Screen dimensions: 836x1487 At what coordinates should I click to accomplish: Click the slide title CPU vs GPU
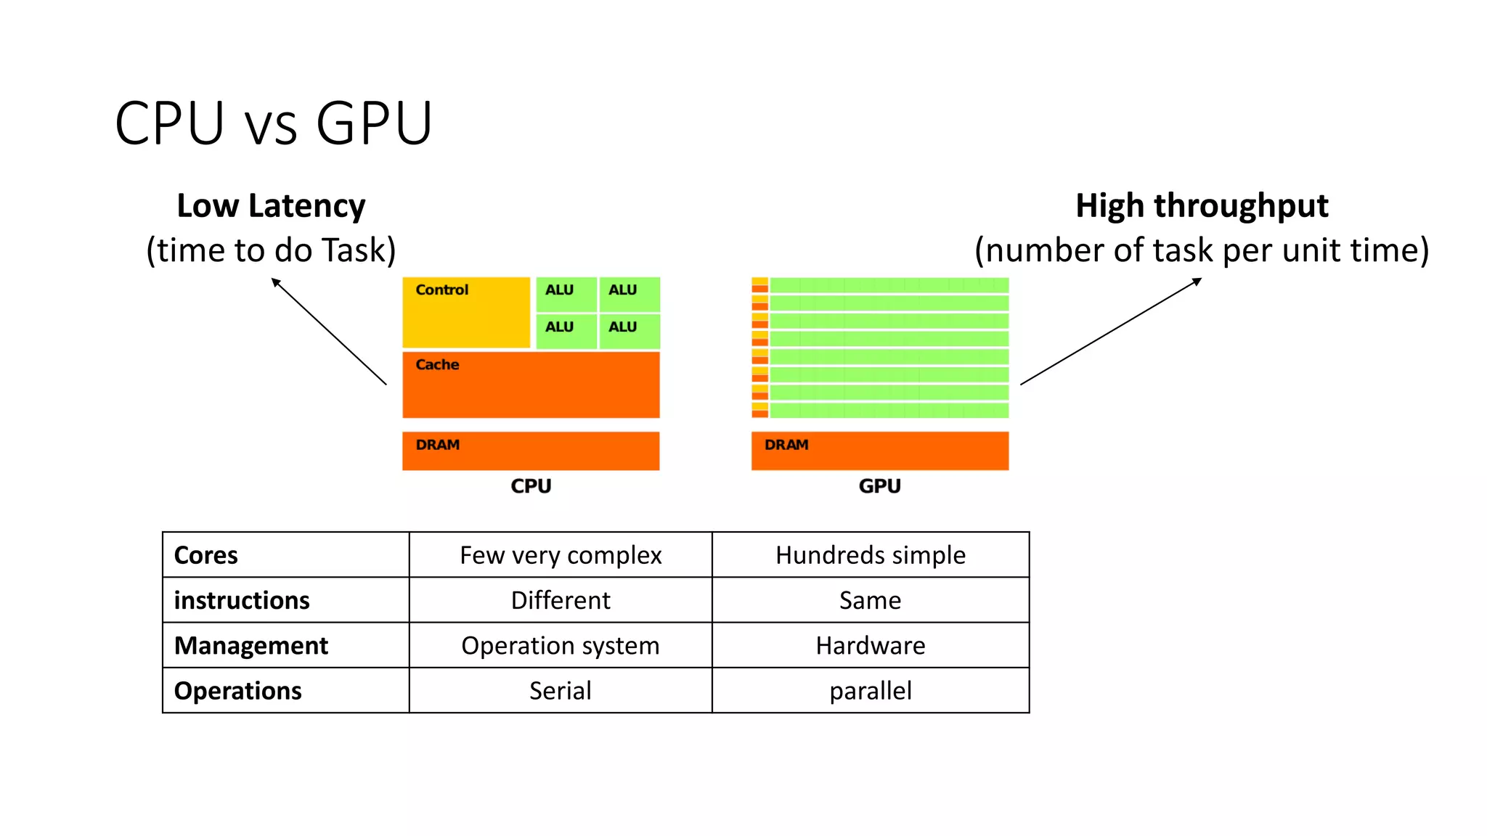pos(273,123)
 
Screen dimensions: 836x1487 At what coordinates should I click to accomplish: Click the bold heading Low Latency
pos(271,206)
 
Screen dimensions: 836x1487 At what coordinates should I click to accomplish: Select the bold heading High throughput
pos(1202,206)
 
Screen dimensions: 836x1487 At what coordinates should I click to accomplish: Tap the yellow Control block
pos(466,313)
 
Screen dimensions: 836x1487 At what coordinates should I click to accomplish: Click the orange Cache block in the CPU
pos(531,385)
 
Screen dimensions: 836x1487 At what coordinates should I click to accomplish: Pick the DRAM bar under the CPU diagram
pos(531,451)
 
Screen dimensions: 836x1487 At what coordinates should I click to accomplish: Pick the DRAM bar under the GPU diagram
pos(879,451)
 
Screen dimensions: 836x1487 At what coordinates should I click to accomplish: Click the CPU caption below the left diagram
pos(531,486)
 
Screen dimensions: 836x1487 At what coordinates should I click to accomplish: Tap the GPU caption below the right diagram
pos(879,486)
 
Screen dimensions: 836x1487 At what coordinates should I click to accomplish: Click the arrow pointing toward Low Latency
pos(329,332)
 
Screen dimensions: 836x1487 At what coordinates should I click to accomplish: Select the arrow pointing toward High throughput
pos(1111,332)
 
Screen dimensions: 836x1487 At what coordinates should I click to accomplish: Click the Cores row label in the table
pos(206,555)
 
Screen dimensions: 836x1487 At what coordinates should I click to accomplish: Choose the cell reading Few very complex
pos(561,555)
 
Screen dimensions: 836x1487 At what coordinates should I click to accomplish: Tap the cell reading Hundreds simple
pos(871,555)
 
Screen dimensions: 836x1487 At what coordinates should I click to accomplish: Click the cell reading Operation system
pos(561,645)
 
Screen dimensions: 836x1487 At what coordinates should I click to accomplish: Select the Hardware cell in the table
pos(871,645)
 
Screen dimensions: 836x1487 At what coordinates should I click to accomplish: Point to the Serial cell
pos(561,690)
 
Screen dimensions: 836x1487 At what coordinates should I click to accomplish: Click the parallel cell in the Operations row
pos(871,690)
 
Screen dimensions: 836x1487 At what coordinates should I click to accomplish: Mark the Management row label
pos(251,645)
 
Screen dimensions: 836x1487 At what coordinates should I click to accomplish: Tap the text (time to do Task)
pos(271,250)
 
